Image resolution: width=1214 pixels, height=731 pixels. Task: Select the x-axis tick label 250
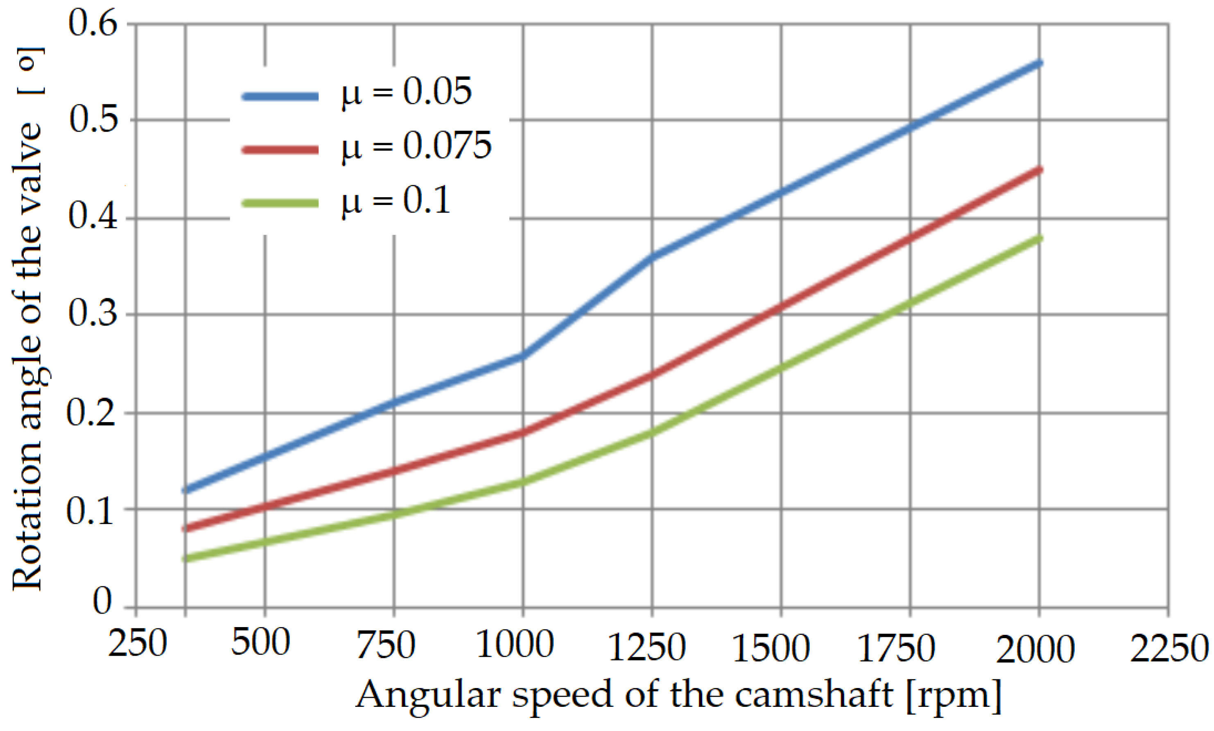point(138,643)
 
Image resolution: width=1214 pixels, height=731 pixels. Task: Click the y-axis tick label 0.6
point(93,23)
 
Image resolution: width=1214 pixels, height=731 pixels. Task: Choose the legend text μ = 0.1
point(396,201)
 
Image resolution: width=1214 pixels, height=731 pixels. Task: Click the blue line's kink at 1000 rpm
point(522,356)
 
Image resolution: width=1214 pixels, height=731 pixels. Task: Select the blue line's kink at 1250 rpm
point(652,257)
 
